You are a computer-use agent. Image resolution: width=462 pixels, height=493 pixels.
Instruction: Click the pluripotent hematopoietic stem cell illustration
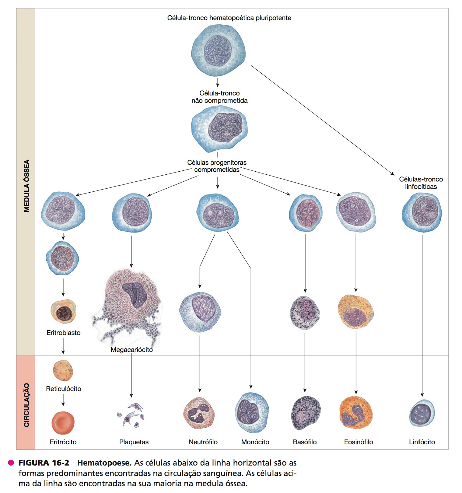click(218, 51)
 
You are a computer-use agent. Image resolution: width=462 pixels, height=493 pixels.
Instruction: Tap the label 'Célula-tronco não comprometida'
click(219, 97)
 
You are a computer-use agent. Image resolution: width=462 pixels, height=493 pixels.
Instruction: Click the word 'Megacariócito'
click(131, 350)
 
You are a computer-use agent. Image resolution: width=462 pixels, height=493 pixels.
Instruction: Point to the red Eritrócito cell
click(63, 423)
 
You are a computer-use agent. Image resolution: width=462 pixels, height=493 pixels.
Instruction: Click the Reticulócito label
click(64, 389)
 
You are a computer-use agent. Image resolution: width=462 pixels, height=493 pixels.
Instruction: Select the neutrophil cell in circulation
click(199, 413)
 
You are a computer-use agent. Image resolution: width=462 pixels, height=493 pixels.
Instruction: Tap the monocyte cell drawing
click(252, 413)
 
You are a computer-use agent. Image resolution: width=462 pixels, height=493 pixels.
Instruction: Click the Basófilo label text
click(305, 442)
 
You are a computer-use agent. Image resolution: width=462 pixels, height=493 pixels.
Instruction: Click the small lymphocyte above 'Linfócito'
click(422, 413)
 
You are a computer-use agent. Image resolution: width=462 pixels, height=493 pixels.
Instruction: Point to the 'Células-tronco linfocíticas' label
click(421, 183)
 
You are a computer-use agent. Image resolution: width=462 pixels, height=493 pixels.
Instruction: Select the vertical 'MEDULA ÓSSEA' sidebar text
click(27, 186)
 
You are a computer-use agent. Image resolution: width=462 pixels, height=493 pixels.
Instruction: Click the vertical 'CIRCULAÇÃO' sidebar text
click(27, 405)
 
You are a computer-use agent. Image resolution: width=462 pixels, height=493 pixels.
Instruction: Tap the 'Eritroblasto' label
click(64, 333)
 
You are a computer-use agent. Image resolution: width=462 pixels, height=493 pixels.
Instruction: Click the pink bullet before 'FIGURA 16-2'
click(11, 463)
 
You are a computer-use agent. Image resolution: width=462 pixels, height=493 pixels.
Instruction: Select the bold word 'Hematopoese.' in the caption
click(104, 463)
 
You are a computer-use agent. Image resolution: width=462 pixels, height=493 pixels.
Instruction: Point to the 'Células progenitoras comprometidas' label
click(217, 166)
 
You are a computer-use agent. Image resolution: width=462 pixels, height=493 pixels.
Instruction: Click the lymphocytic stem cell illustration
click(422, 212)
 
